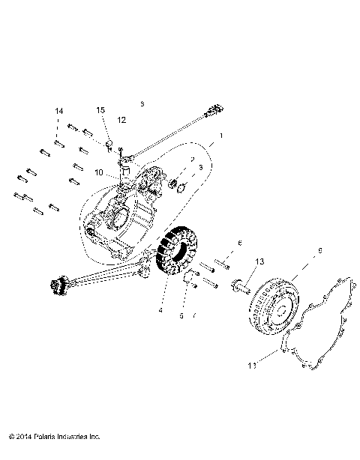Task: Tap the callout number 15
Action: [x=100, y=111]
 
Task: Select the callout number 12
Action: [x=121, y=120]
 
